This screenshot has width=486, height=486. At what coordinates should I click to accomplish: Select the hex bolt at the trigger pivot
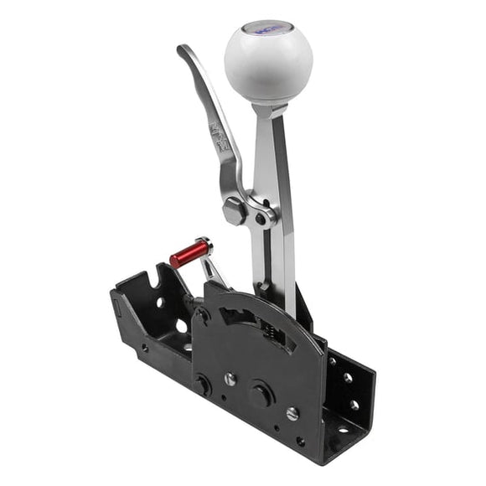click(x=235, y=209)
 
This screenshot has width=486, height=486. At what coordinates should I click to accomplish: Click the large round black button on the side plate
click(x=261, y=393)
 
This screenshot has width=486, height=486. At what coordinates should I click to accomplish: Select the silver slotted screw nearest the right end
click(x=292, y=413)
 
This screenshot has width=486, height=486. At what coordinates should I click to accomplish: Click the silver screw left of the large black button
click(x=229, y=379)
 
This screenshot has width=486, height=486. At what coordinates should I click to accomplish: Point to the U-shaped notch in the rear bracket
click(x=153, y=277)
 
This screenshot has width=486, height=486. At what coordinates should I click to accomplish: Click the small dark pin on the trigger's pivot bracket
click(x=261, y=219)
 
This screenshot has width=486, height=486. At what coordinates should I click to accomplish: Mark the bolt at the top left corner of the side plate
click(x=201, y=317)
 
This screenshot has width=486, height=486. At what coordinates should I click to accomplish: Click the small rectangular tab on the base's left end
click(x=118, y=310)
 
